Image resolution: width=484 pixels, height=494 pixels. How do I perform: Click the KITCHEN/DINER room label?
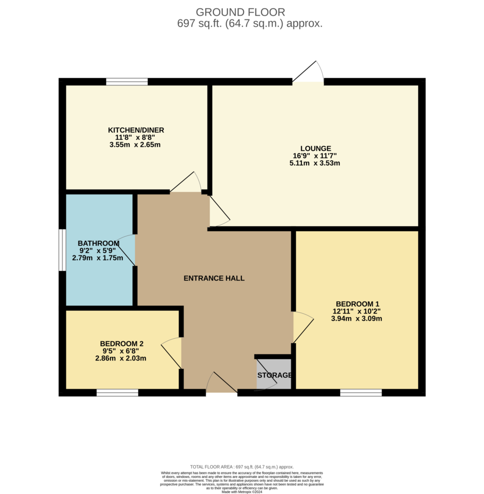[x=136, y=130]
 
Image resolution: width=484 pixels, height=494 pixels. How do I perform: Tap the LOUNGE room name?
[x=315, y=149]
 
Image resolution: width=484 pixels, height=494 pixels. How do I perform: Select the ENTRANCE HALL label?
[x=214, y=278]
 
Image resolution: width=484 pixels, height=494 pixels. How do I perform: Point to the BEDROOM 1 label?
[x=357, y=304]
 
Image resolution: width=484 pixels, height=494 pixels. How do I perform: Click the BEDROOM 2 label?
[x=121, y=343]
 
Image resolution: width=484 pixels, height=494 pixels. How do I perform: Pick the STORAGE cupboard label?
[x=275, y=375]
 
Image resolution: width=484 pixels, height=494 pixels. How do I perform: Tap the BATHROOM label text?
[x=98, y=244]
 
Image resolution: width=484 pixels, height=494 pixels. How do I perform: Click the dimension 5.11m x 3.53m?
[x=314, y=163]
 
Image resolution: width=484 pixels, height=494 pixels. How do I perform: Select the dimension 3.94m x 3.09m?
[x=357, y=318]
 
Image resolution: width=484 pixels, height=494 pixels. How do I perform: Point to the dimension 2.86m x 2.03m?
[x=121, y=358]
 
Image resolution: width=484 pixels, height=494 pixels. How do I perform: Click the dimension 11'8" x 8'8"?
[x=135, y=137]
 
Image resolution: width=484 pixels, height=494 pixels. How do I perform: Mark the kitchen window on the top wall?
[x=127, y=82]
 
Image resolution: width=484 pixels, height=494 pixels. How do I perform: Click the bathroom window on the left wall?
[x=62, y=250]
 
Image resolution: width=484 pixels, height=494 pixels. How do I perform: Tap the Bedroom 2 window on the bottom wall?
[x=118, y=393]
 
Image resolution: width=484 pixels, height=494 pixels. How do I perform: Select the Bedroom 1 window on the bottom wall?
[x=361, y=393]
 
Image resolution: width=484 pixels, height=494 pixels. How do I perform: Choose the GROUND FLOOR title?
[x=241, y=12]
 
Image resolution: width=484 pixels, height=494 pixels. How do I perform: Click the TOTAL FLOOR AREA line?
[x=242, y=467]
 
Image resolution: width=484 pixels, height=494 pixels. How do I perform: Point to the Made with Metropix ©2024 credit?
[x=242, y=492]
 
